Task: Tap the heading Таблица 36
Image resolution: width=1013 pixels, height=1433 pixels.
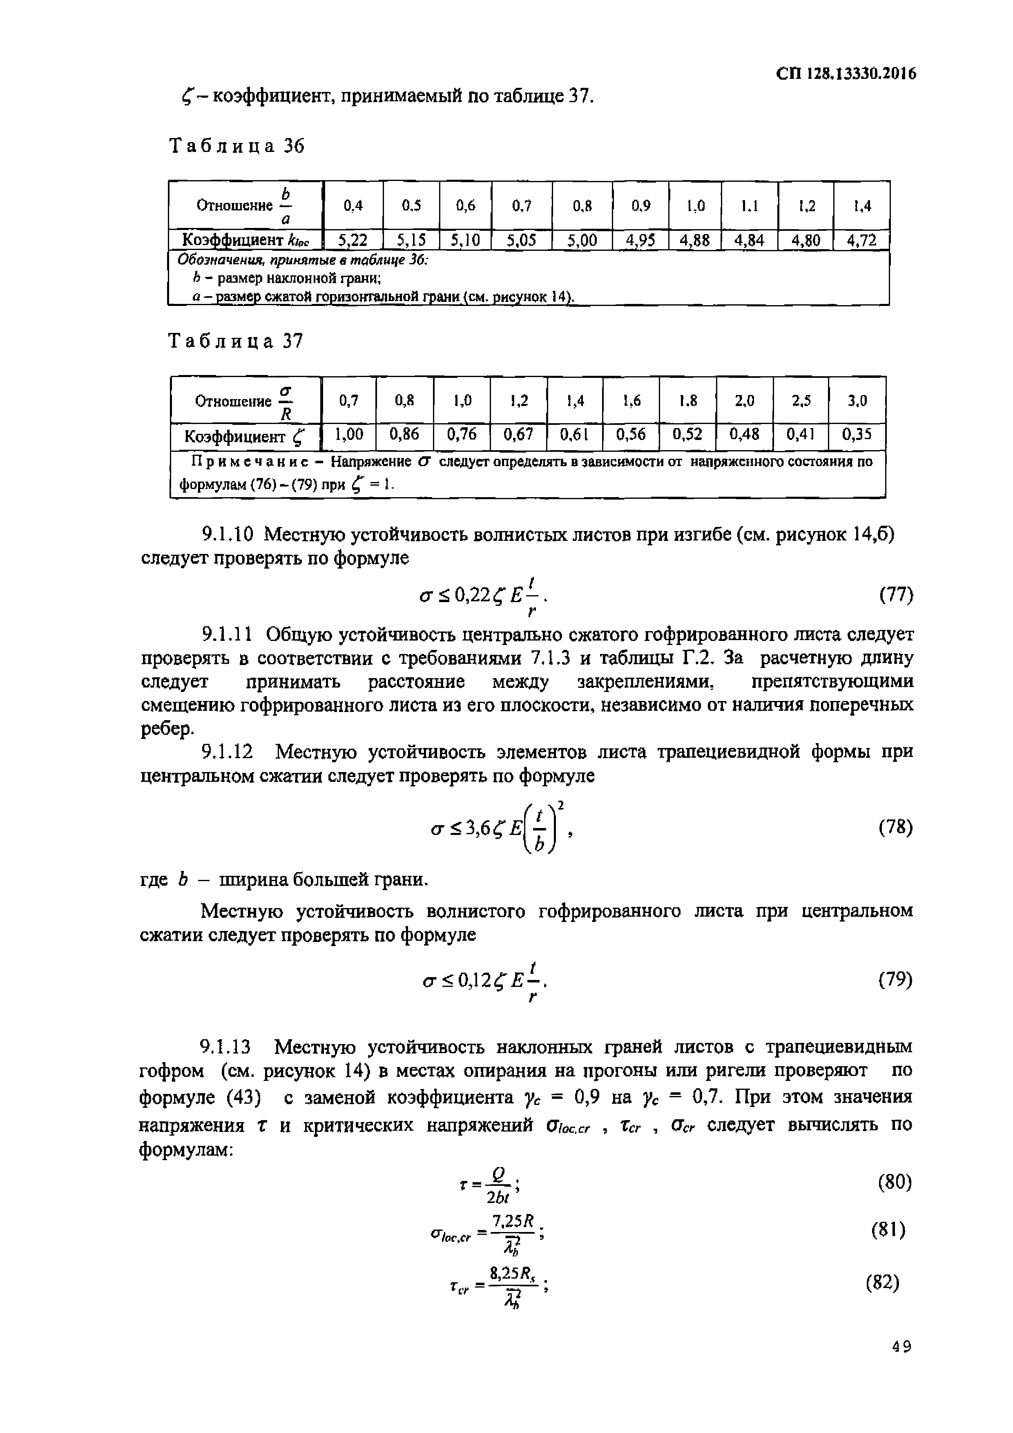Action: tap(237, 146)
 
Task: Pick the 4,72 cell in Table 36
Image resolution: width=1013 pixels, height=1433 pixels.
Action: tap(861, 240)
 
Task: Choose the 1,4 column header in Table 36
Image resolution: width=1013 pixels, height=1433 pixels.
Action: tap(862, 205)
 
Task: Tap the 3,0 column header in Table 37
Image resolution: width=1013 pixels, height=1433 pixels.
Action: tap(857, 401)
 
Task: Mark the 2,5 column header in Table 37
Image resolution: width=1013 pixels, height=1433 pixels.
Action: tap(801, 401)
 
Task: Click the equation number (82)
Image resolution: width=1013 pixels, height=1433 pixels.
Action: tap(882, 1283)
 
